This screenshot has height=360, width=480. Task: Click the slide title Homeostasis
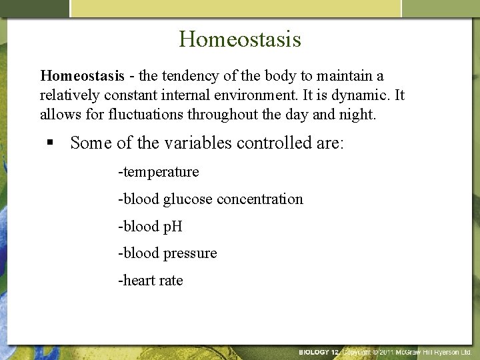point(240,38)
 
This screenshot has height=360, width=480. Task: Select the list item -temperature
point(158,172)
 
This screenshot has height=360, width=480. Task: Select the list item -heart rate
point(150,281)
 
